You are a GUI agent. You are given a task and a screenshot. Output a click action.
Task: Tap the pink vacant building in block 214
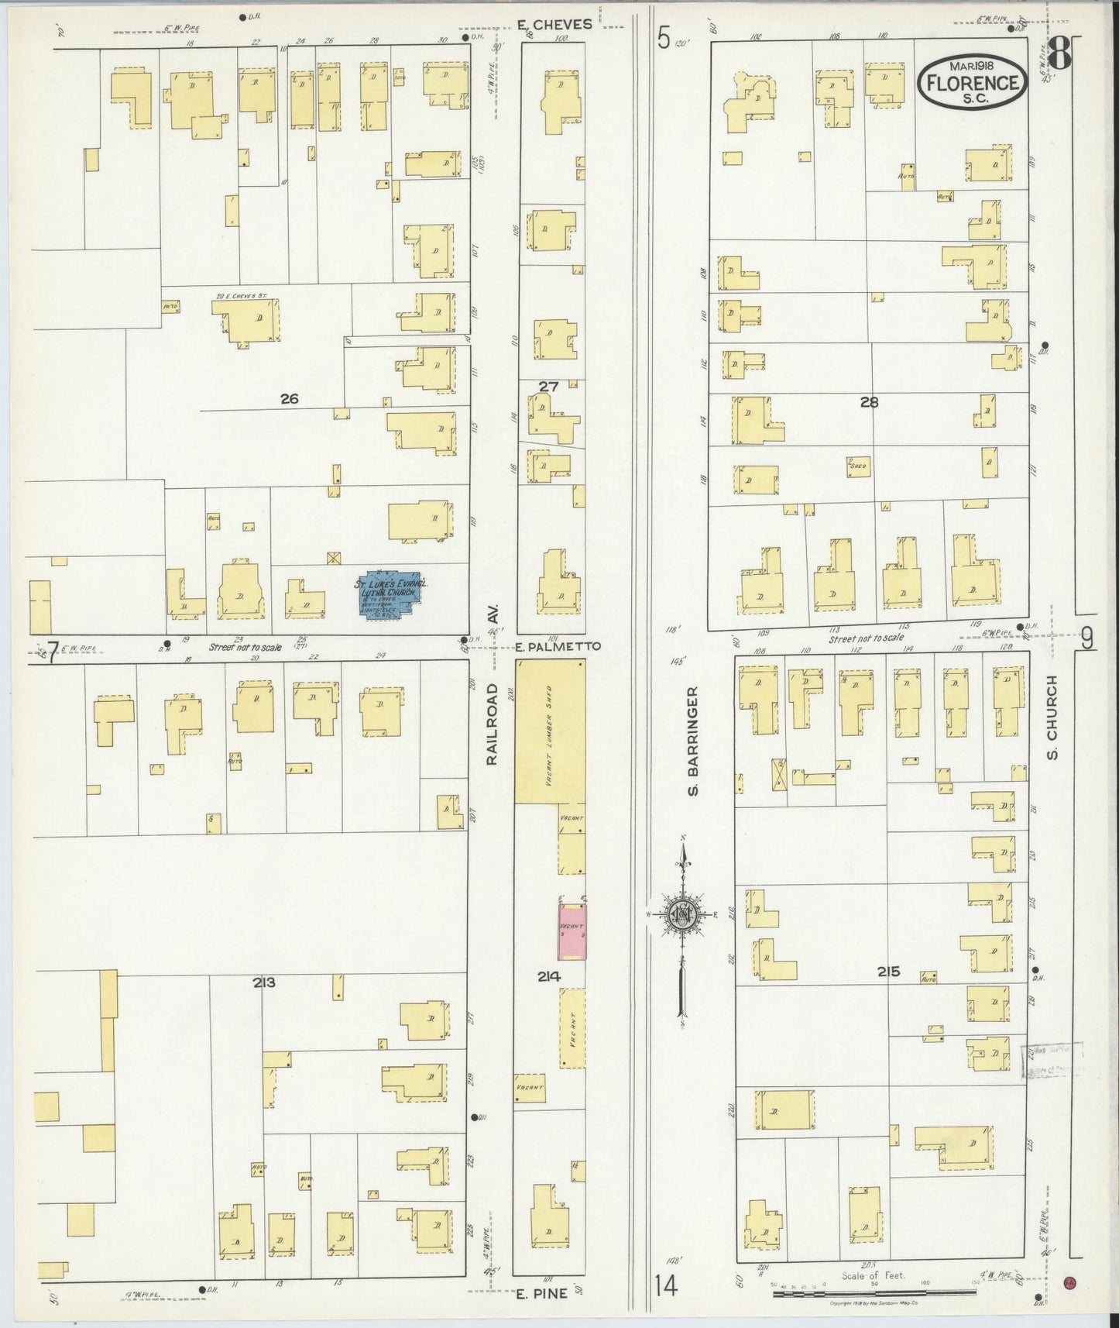(572, 928)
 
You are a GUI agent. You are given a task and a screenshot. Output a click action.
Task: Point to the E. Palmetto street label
(558, 646)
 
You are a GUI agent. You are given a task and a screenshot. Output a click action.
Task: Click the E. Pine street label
(542, 1292)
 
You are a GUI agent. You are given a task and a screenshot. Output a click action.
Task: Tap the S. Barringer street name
(694, 740)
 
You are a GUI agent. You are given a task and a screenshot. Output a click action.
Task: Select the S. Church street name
(1052, 717)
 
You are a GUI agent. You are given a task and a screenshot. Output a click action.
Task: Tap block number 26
(289, 399)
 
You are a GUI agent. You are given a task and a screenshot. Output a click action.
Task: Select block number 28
(869, 401)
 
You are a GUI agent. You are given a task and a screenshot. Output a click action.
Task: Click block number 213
(264, 982)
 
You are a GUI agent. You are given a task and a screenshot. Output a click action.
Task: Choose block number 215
(888, 972)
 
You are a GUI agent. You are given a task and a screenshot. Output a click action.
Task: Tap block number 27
(548, 386)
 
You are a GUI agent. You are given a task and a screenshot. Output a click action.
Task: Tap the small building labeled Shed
(857, 466)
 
